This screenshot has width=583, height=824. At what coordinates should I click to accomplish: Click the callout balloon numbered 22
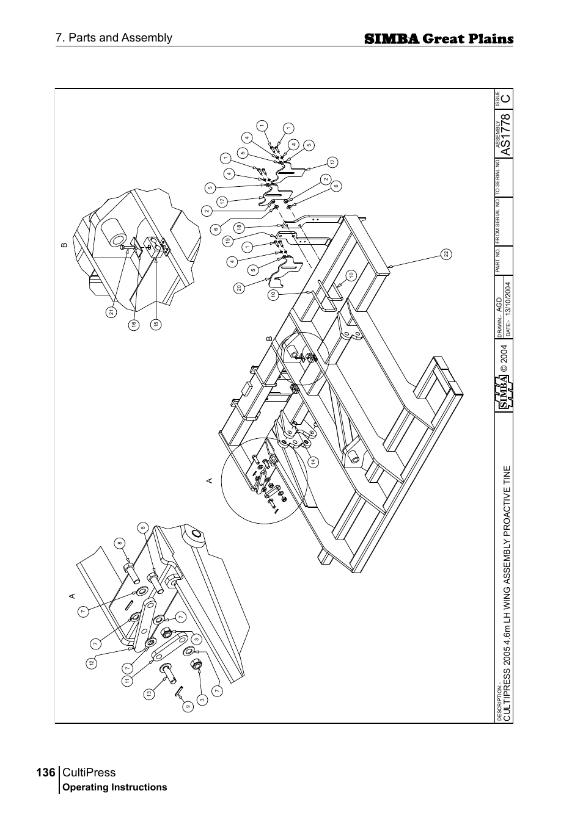point(447,253)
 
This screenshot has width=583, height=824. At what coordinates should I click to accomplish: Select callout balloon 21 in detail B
point(111,312)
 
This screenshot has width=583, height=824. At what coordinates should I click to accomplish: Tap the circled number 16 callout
point(134,325)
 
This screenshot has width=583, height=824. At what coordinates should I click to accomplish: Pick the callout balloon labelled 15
point(156,325)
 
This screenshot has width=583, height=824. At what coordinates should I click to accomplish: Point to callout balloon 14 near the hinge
point(313,462)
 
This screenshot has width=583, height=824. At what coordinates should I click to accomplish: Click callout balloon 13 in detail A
point(148,693)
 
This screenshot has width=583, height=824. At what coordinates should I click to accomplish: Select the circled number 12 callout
point(91,663)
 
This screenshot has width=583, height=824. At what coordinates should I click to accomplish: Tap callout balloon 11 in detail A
point(127,681)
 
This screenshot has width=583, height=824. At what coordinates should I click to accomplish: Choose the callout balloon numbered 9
point(188,707)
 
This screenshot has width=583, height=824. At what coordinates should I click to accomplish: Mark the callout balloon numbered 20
point(240,288)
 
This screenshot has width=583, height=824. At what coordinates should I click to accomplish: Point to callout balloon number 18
point(239,227)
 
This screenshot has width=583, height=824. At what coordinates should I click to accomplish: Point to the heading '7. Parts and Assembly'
point(114,38)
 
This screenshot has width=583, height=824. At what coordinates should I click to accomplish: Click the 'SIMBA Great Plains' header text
point(438,39)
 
